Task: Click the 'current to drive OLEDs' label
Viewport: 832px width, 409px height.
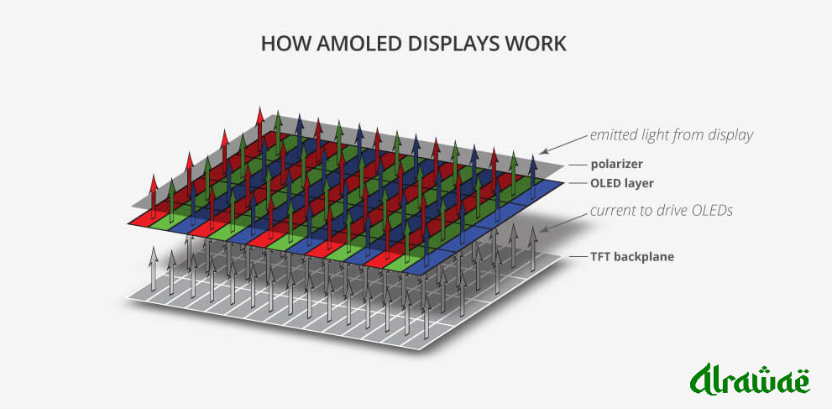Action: (x=661, y=210)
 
